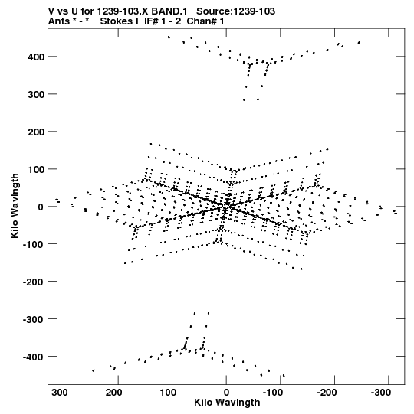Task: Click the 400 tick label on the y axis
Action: (36, 57)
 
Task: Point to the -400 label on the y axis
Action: (33, 357)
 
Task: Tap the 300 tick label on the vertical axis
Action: (36, 94)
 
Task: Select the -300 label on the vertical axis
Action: (33, 319)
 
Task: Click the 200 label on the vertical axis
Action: (36, 132)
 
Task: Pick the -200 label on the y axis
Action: (33, 282)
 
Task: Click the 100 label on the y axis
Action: (36, 169)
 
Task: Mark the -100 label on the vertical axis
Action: (33, 244)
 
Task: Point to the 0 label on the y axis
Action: (41, 207)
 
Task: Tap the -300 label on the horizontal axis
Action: (381, 393)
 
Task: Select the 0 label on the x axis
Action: (226, 393)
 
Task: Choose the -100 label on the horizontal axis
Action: (273, 393)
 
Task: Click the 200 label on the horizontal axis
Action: (114, 393)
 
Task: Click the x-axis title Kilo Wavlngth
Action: (227, 403)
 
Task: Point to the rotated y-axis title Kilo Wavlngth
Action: (15, 206)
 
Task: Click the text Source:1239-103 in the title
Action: (236, 11)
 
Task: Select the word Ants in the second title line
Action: (59, 21)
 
